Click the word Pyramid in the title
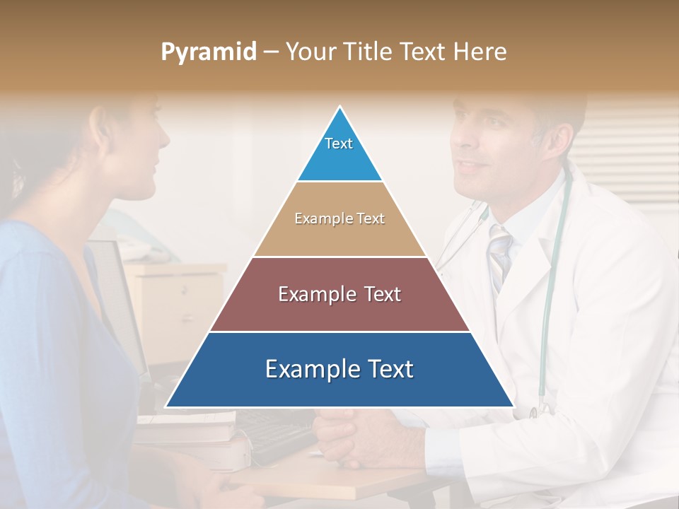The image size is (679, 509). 208,52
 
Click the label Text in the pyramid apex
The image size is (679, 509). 339,144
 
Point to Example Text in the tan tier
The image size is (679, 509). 339,218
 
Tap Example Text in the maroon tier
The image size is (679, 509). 339,294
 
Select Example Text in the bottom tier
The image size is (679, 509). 339,369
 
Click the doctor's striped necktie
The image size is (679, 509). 500,255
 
